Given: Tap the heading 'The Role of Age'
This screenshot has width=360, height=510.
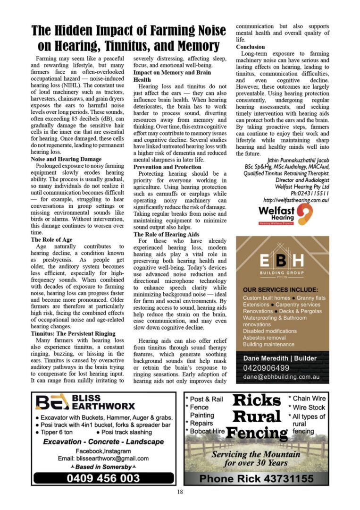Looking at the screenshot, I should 51,240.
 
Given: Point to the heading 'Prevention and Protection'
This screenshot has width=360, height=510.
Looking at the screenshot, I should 167,167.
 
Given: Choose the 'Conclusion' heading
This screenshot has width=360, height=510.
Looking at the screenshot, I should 250,47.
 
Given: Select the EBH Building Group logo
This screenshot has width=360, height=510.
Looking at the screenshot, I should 282,263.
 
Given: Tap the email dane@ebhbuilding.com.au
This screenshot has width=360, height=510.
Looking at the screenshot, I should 281,378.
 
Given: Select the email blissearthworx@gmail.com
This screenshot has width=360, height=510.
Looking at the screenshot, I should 103,458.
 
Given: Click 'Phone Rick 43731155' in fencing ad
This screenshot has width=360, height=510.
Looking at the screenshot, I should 256,479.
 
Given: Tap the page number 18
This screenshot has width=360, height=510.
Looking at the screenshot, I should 180,492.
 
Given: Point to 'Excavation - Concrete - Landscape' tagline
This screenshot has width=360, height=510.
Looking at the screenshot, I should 103,442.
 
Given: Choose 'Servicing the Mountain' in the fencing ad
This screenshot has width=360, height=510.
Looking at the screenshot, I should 256,454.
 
